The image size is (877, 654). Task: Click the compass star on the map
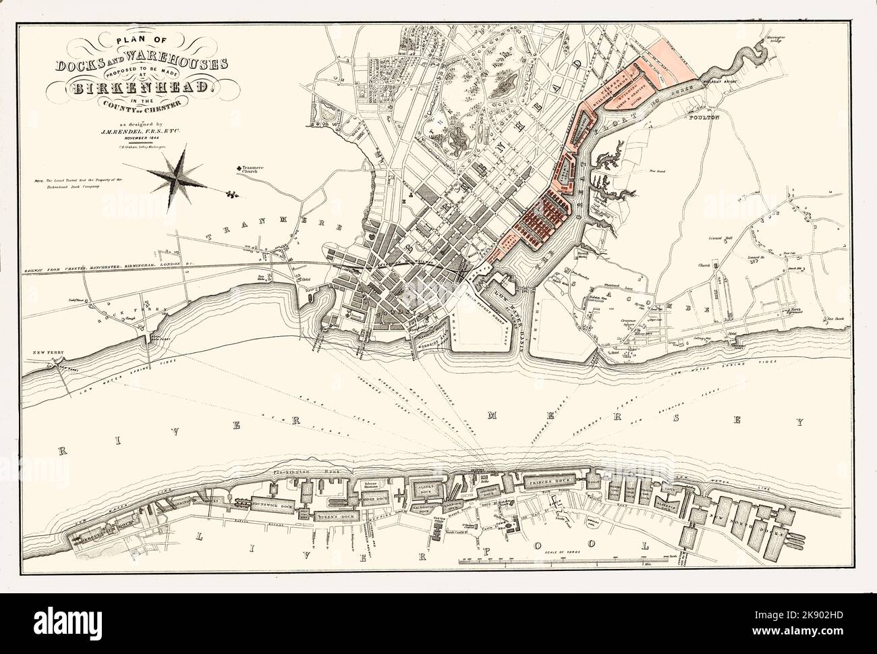coord(177,173)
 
